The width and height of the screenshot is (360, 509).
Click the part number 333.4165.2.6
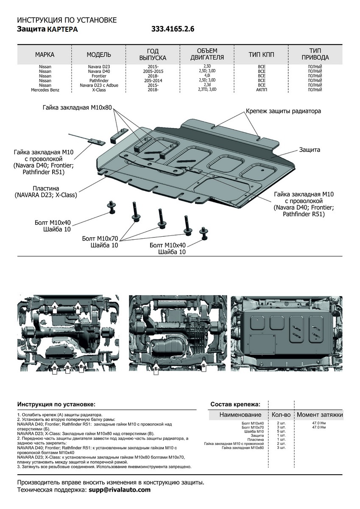coord(173,29)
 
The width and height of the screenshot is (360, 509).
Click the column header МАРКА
coord(45,55)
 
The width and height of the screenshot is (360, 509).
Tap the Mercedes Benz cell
coord(45,90)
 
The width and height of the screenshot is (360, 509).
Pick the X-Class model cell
coord(99,90)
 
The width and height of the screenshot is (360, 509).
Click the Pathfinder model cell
coord(99,80)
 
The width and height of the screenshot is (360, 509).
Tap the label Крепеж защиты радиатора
coord(283,111)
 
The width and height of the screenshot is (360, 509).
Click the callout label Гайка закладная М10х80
coord(77,108)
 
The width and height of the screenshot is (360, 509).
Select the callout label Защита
coord(310,150)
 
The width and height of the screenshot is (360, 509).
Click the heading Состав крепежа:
coord(236,405)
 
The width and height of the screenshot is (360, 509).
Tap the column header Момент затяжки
coord(319,414)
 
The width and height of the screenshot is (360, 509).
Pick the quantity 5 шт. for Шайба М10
coord(281,431)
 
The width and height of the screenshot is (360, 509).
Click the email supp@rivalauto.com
coord(120,489)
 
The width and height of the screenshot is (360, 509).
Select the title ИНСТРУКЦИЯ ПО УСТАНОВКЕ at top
coord(67,20)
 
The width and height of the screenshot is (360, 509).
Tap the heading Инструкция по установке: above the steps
coord(56,405)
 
